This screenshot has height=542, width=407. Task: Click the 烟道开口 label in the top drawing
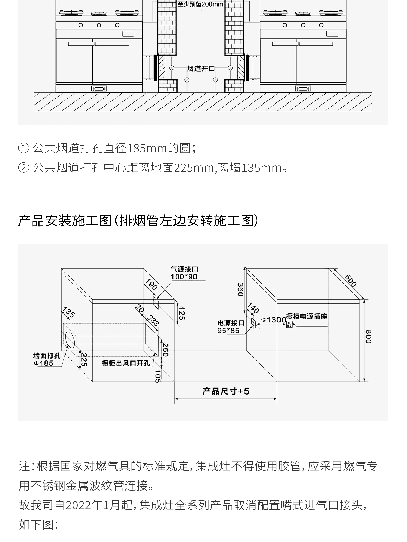click(201, 69)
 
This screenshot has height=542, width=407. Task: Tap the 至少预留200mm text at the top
click(200, 4)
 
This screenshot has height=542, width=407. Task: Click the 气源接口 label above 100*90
click(184, 269)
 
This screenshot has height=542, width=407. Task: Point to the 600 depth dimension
click(350, 280)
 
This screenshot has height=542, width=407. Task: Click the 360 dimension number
click(240, 289)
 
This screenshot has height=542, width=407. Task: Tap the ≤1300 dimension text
click(273, 320)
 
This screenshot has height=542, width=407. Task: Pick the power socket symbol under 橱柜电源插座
click(289, 324)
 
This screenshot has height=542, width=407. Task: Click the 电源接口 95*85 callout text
click(231, 327)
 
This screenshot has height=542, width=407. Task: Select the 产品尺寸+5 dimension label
click(226, 391)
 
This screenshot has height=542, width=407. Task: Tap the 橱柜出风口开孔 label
click(126, 363)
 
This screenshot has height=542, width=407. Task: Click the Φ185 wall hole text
click(43, 363)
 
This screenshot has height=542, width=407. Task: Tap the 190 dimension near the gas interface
click(151, 285)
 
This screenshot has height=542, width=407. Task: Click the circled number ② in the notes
click(23, 168)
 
